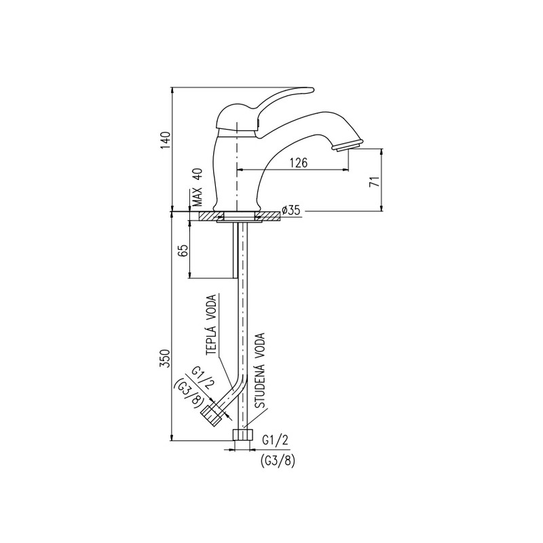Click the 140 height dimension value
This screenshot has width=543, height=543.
[166, 141]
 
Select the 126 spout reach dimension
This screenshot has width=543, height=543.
[299, 162]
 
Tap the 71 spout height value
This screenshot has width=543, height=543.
[375, 181]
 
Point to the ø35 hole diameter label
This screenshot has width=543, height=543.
[291, 210]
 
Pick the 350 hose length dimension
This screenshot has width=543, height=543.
[166, 358]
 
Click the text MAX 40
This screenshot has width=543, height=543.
[197, 188]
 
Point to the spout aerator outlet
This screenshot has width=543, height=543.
[348, 145]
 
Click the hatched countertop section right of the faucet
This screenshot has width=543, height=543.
[267, 216]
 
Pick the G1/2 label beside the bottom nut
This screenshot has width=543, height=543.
[275, 440]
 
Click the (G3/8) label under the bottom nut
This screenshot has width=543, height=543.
[277, 461]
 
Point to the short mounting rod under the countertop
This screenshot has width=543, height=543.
[235, 250]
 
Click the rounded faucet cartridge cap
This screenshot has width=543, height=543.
[237, 117]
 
